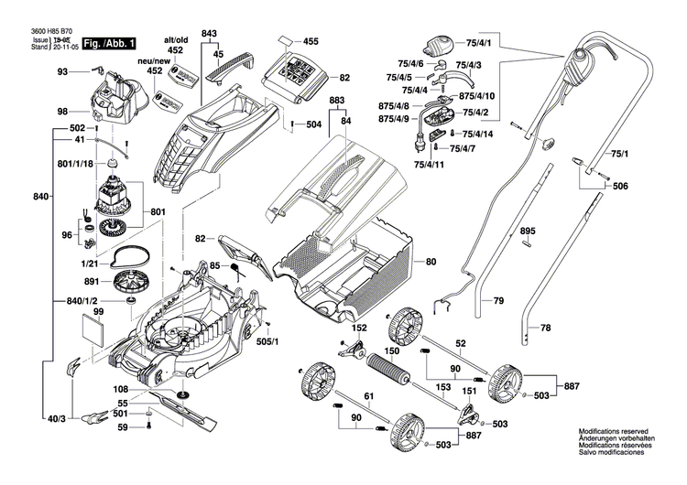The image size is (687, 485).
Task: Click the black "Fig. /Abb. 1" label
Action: coord(109,43)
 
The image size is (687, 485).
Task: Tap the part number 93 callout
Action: coord(62,71)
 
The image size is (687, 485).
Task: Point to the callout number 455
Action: coord(311,42)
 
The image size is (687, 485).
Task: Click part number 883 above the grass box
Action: coord(337,100)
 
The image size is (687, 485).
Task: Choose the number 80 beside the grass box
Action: coord(431,263)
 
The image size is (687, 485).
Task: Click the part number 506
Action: coord(621,186)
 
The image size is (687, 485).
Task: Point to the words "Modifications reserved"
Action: coord(613,430)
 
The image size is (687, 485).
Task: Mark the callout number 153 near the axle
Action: coord(442,387)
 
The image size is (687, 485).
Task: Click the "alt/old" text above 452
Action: coord(175,42)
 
